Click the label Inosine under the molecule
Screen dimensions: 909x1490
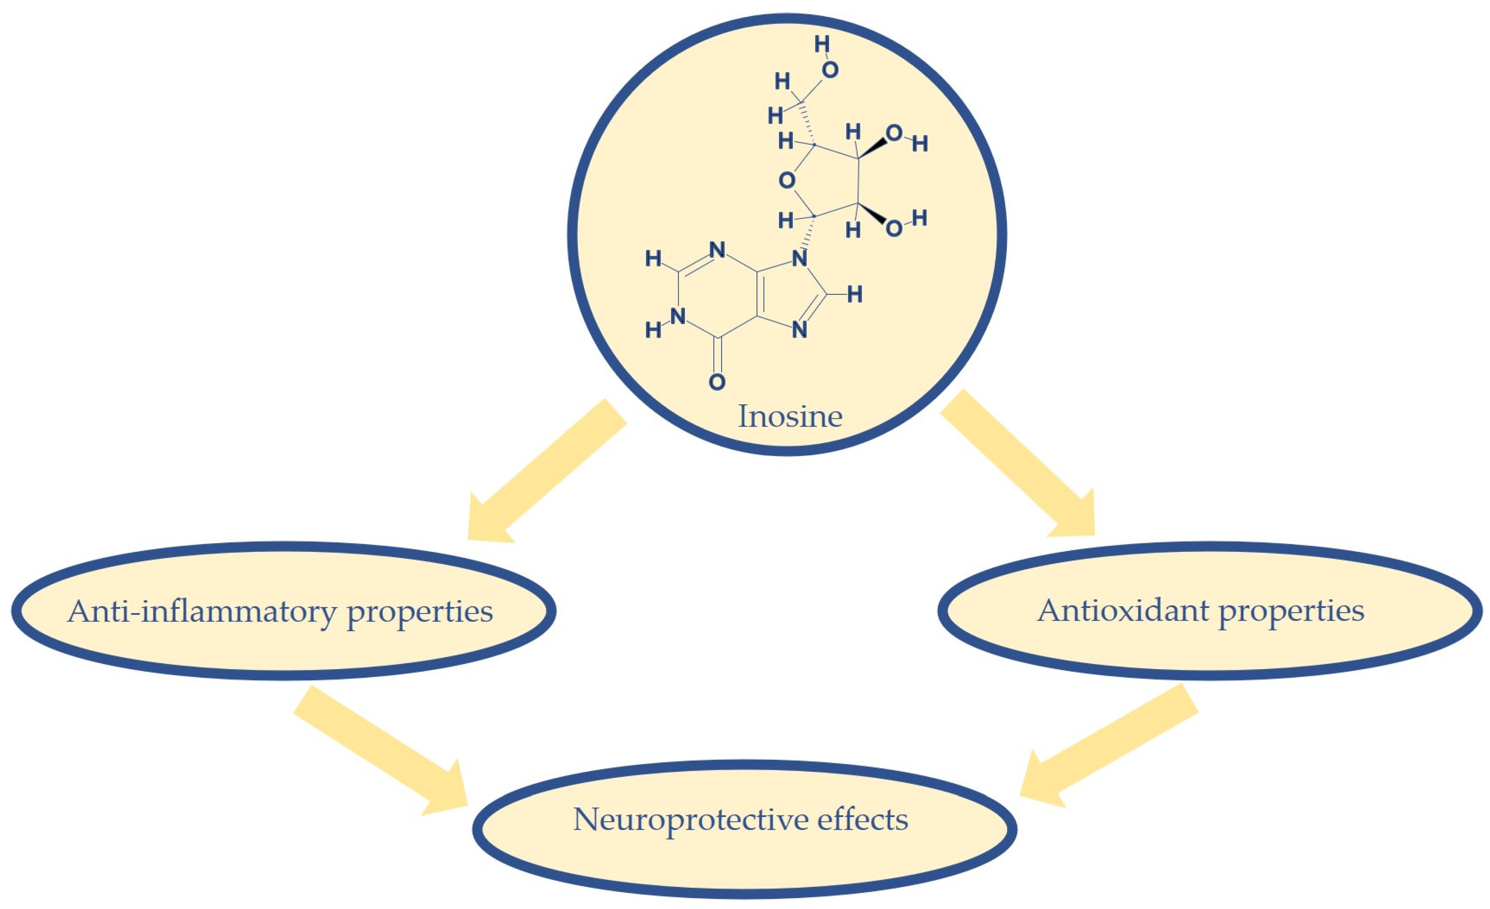pos(790,416)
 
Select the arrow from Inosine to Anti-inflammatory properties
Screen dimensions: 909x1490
pos(544,472)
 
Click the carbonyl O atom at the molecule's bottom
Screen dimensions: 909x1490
pos(717,382)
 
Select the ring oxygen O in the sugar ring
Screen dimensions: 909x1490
pos(786,180)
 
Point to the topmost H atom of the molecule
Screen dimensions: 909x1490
pos(822,44)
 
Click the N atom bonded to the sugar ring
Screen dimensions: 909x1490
pos(799,259)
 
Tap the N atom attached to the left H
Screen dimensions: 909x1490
pos(679,316)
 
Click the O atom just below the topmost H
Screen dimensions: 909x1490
pos(830,70)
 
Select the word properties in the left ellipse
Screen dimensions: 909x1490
pos(419,612)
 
